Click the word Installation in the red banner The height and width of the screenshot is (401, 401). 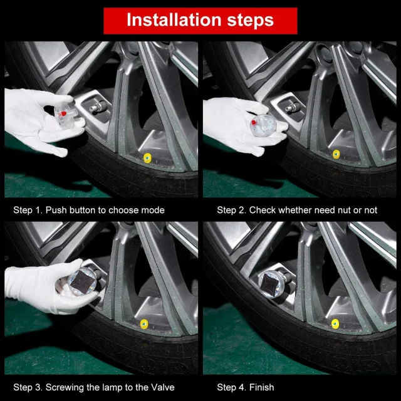point(174,20)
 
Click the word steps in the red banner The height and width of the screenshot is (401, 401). point(251,21)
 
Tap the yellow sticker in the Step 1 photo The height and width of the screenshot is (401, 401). point(147,158)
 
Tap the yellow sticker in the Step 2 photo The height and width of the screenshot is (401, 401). point(336,155)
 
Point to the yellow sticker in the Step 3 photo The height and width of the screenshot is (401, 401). point(144,324)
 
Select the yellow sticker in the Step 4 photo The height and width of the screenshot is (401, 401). point(335,324)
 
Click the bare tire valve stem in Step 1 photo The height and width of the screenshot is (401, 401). point(96,107)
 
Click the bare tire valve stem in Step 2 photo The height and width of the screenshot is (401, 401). point(292,107)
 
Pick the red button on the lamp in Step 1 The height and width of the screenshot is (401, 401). point(62,114)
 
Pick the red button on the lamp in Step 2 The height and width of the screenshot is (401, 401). point(254,123)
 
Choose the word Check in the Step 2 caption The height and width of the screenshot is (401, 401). point(263,211)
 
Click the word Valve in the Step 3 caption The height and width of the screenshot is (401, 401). point(163,387)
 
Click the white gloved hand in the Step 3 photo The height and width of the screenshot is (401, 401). point(43,288)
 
